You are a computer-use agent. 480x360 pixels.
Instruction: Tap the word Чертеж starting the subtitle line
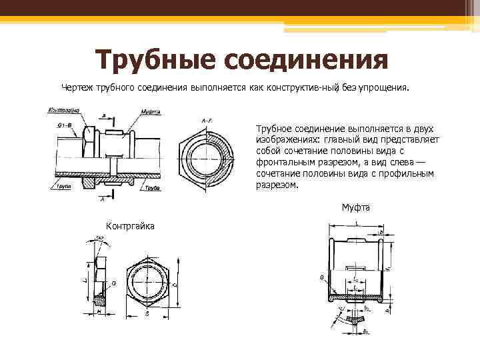(78, 87)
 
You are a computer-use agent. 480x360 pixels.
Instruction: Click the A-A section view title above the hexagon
(207, 120)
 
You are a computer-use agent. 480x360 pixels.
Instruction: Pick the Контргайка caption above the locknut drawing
(130, 226)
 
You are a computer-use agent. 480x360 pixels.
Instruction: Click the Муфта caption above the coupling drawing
(356, 207)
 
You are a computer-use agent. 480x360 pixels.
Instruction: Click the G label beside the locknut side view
(114, 283)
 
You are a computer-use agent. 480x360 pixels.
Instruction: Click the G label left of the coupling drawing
(322, 277)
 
